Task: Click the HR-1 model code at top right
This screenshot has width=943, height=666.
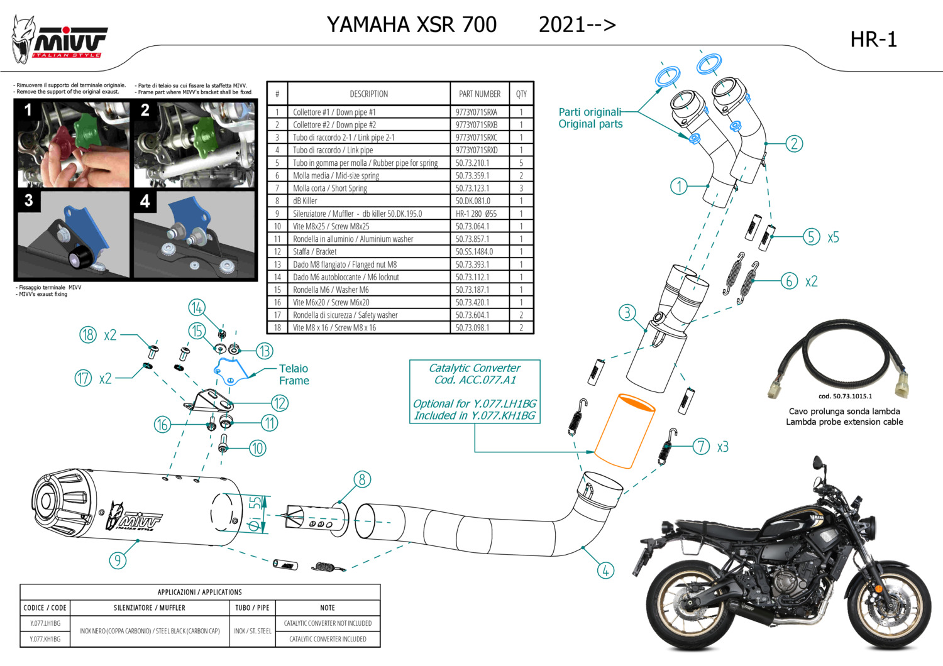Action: tap(873, 40)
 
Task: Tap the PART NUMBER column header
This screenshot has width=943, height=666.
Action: tap(480, 94)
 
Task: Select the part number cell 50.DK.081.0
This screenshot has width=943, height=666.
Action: tap(472, 201)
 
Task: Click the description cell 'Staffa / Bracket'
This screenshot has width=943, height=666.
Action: tap(314, 252)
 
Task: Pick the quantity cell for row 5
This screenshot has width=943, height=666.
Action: tap(521, 163)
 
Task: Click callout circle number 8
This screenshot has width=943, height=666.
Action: tap(361, 480)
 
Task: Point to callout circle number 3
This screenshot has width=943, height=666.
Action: tap(627, 313)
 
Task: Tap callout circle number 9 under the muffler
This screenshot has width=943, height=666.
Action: tap(118, 560)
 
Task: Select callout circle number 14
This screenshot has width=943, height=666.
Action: tap(197, 307)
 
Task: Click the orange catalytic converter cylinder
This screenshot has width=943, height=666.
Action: tap(625, 432)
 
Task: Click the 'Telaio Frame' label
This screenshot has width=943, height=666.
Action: tap(294, 374)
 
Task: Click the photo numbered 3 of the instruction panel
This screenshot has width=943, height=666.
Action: tap(74, 235)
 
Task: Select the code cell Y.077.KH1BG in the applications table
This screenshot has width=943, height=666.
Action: tap(45, 639)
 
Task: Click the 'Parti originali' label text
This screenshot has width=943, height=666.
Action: tap(590, 112)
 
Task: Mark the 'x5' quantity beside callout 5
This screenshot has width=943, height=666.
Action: tap(833, 237)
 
